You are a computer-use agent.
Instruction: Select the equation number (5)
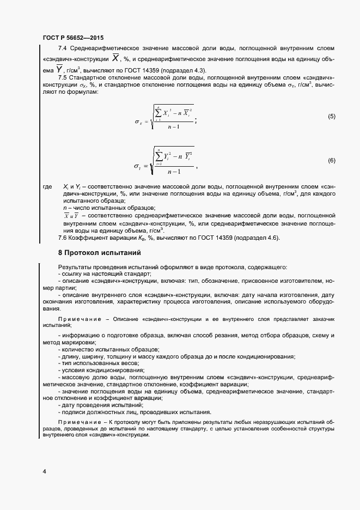pyautogui.click(x=331, y=117)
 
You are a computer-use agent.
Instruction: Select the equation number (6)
pyautogui.click(x=331, y=160)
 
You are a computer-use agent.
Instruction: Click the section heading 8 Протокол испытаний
pyautogui.click(x=100, y=253)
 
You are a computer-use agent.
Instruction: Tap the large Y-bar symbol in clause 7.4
pyautogui.click(x=59, y=69)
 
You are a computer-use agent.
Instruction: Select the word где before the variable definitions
pyautogui.click(x=47, y=187)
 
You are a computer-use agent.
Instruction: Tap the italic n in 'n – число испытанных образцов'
pyautogui.click(x=65, y=208)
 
